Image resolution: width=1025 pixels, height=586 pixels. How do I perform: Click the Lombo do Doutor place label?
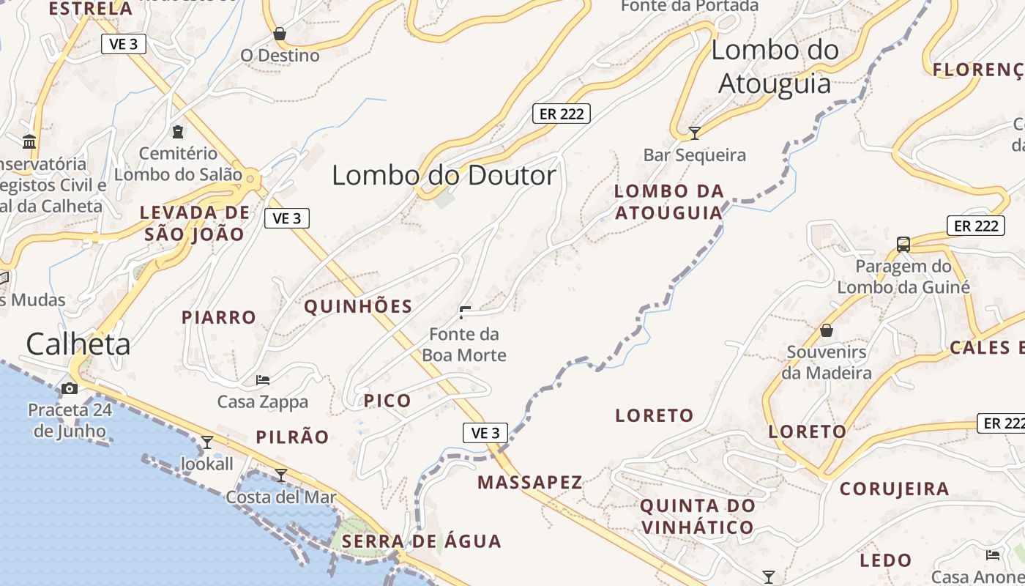pyautogui.click(x=444, y=176)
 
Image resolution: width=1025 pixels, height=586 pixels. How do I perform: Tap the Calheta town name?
pyautogui.click(x=78, y=344)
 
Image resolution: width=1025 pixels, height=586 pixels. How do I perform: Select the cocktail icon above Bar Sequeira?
pyautogui.click(x=695, y=133)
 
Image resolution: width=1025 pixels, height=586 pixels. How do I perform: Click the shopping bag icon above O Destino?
pyautogui.click(x=279, y=34)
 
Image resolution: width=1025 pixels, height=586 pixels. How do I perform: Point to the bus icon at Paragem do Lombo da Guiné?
pyautogui.click(x=903, y=245)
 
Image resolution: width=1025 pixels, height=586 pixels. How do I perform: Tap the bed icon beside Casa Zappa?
pyautogui.click(x=263, y=380)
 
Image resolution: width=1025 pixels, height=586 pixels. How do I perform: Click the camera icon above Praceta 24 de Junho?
pyautogui.click(x=70, y=388)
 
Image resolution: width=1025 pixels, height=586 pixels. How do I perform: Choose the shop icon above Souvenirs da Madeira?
pyautogui.click(x=827, y=330)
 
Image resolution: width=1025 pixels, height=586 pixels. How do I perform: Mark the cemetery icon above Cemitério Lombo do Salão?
pyautogui.click(x=178, y=132)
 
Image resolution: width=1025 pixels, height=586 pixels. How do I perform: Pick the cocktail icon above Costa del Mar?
pyautogui.click(x=280, y=475)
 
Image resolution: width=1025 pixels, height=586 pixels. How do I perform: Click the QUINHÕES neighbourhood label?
pyautogui.click(x=358, y=306)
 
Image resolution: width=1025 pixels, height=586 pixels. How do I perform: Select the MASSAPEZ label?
pyautogui.click(x=530, y=482)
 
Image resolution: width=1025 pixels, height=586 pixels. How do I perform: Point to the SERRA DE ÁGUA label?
pyautogui.click(x=422, y=542)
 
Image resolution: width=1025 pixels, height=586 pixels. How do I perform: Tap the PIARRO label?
pyautogui.click(x=219, y=317)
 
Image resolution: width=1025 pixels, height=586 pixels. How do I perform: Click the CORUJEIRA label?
pyautogui.click(x=894, y=489)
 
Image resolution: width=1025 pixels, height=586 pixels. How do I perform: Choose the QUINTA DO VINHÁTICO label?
pyautogui.click(x=697, y=516)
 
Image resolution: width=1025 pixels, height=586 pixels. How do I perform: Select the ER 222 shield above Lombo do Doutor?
pyautogui.click(x=561, y=114)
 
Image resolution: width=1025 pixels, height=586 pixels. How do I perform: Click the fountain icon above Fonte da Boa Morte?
pyautogui.click(x=464, y=313)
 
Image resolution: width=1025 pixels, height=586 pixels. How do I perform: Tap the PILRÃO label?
pyautogui.click(x=293, y=437)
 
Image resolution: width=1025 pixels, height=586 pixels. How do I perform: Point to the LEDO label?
pyautogui.click(x=886, y=561)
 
